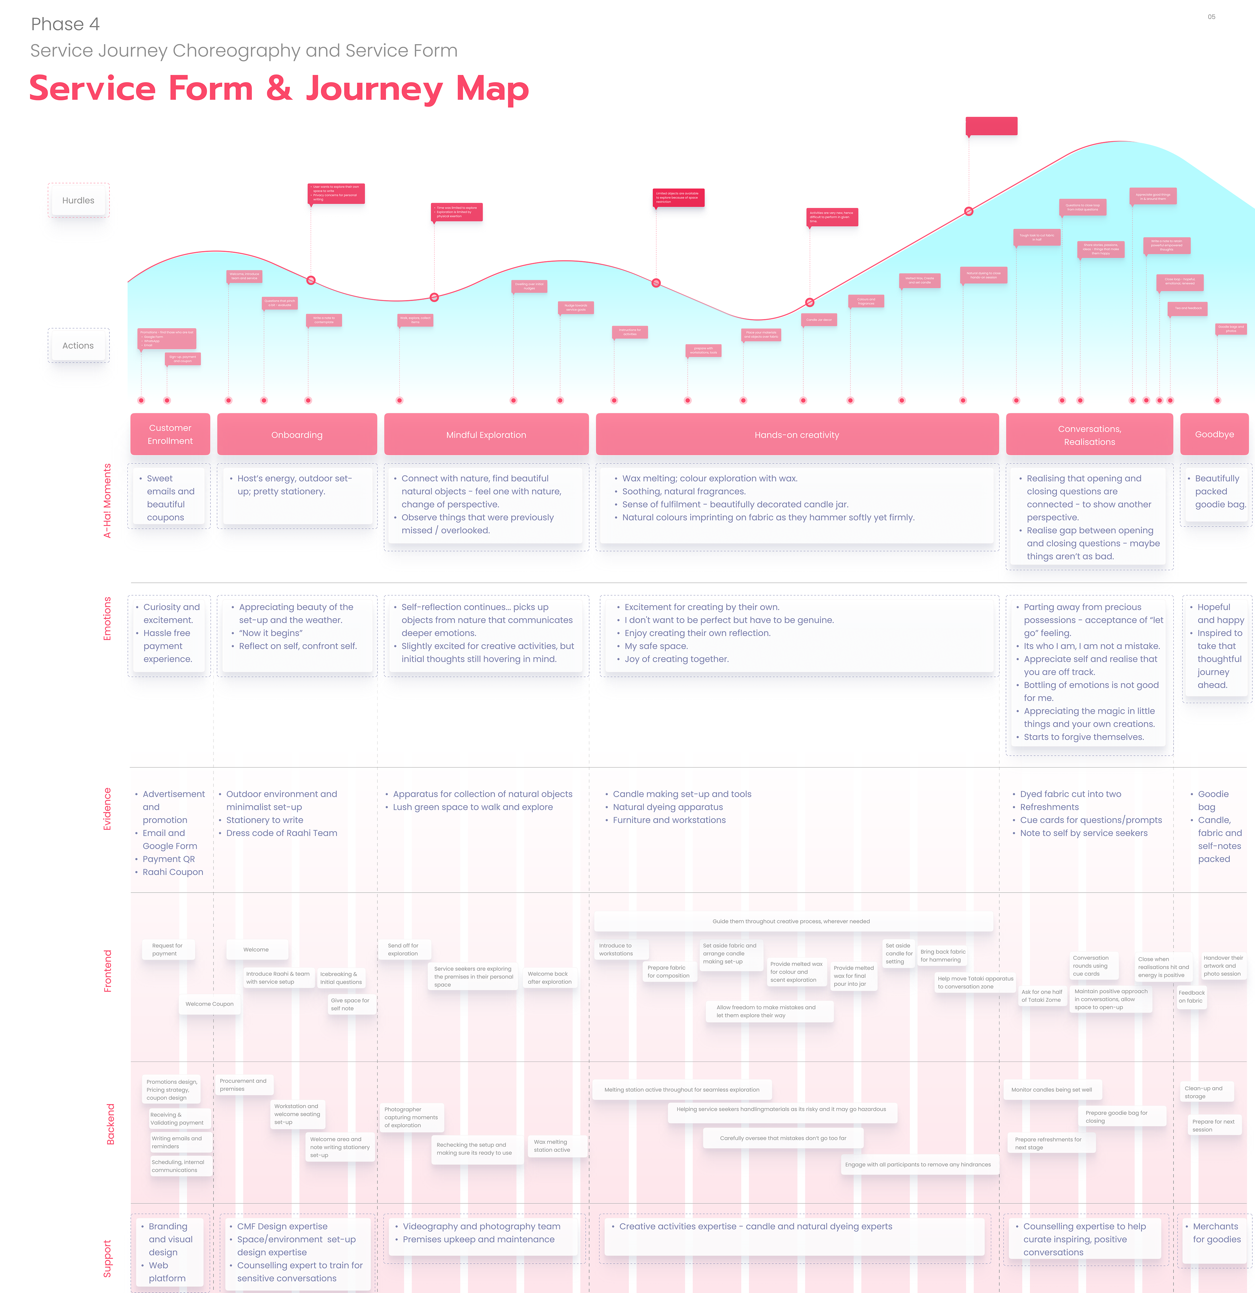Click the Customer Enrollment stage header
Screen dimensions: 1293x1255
tap(170, 434)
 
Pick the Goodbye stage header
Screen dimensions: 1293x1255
tap(1214, 434)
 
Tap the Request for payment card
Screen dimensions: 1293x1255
tap(168, 949)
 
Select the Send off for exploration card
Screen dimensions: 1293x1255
tap(403, 949)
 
